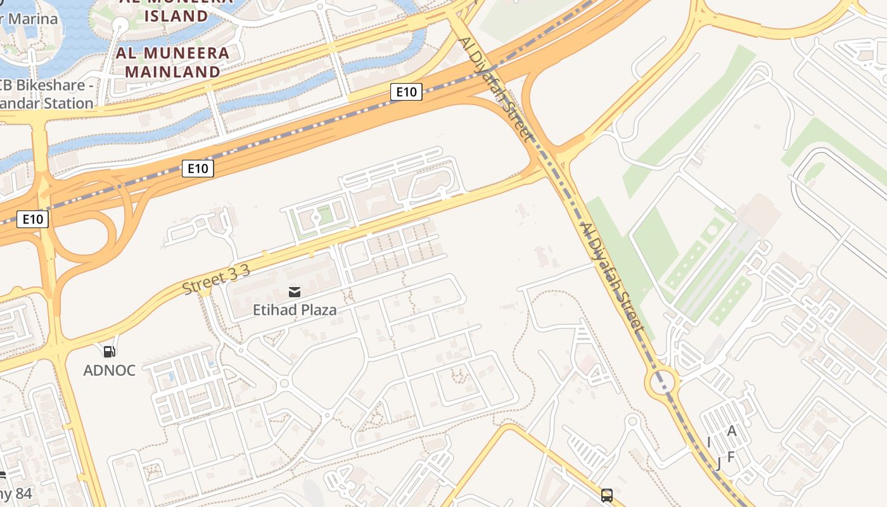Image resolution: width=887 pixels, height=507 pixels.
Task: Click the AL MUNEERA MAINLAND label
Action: (x=172, y=62)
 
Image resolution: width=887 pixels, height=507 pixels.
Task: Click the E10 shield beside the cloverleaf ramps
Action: (x=32, y=219)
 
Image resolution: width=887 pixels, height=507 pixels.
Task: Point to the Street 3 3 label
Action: (x=216, y=279)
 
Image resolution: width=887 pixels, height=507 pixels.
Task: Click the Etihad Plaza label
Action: (x=295, y=310)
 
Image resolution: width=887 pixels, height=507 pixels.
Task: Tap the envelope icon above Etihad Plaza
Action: (x=295, y=292)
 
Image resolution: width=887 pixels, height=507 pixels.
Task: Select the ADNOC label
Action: (x=110, y=370)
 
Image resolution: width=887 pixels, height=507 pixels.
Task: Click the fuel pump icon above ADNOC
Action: (x=110, y=351)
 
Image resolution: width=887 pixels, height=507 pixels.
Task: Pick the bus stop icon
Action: (x=607, y=495)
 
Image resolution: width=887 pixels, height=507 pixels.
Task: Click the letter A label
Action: (x=732, y=431)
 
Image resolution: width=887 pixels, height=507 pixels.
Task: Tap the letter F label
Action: (x=731, y=456)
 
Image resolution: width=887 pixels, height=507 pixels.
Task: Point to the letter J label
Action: (x=718, y=463)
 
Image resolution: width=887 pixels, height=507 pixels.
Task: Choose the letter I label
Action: (x=709, y=442)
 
